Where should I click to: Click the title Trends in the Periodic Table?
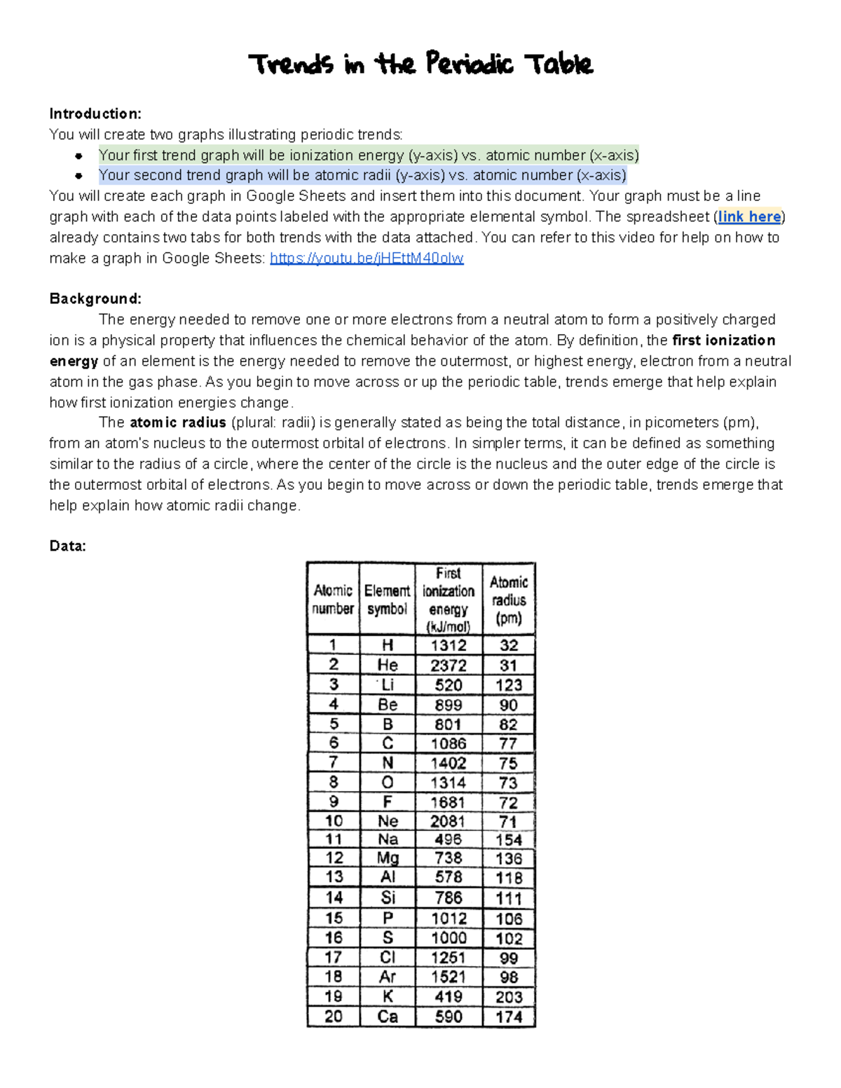(x=420, y=64)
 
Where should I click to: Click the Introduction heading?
(x=95, y=113)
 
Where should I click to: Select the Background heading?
(x=95, y=298)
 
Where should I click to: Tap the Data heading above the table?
(x=67, y=546)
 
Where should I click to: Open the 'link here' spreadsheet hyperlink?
(x=749, y=216)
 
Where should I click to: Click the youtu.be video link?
(x=367, y=259)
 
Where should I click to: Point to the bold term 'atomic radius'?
(x=177, y=422)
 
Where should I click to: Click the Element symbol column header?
(x=387, y=600)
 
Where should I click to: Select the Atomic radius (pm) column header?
(x=509, y=600)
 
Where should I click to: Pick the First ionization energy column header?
(x=449, y=600)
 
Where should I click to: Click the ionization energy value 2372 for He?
(x=449, y=665)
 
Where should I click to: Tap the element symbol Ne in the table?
(x=388, y=821)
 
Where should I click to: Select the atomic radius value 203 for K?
(x=509, y=997)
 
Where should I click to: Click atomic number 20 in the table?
(x=334, y=1017)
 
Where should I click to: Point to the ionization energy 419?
(x=449, y=997)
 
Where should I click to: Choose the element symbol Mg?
(x=388, y=858)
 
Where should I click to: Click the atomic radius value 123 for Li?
(x=509, y=684)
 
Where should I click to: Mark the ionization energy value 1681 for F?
(x=449, y=802)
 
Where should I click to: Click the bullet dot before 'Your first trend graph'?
(x=79, y=156)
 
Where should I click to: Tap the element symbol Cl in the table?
(x=388, y=958)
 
